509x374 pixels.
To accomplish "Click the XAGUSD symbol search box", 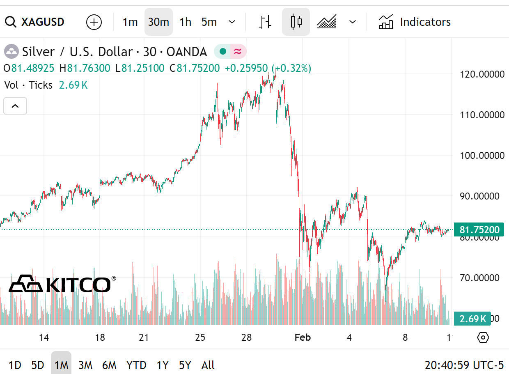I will (x=35, y=22).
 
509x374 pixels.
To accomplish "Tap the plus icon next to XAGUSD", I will (x=94, y=22).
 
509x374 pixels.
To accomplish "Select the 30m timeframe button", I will (x=158, y=22).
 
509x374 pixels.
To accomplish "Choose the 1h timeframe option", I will (x=186, y=22).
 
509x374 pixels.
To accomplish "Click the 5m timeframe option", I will (x=209, y=22).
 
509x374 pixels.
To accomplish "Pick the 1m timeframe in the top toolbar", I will (x=130, y=22).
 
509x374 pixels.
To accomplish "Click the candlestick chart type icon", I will (x=296, y=22).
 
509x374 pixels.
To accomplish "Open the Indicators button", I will (x=414, y=22).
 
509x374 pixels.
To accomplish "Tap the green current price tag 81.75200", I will (x=479, y=229).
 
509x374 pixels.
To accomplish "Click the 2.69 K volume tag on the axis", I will (x=472, y=318).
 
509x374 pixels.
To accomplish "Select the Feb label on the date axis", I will (x=303, y=337).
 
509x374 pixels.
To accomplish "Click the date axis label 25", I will (x=200, y=337).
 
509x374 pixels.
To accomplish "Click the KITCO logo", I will (x=62, y=284).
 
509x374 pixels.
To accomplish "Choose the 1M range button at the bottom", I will (x=61, y=365).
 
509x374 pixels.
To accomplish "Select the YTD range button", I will (x=136, y=365).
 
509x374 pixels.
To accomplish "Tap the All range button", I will (x=208, y=365).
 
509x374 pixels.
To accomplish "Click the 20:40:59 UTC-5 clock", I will (x=464, y=365).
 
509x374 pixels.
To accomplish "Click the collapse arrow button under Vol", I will (x=15, y=106).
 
